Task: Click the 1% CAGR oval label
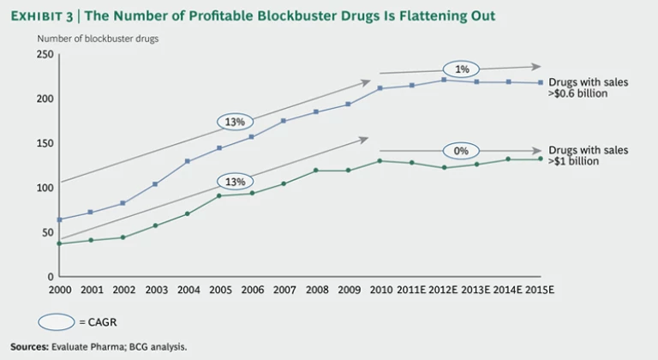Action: point(460,69)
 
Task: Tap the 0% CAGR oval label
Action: point(460,152)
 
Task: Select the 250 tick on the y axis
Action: point(45,55)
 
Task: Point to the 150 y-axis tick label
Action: point(45,143)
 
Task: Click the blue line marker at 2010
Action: point(380,88)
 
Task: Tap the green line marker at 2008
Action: point(315,171)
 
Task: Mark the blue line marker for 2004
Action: point(187,161)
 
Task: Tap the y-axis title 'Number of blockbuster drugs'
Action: point(97,38)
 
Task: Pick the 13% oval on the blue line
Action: point(235,122)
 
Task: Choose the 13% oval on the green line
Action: point(235,182)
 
